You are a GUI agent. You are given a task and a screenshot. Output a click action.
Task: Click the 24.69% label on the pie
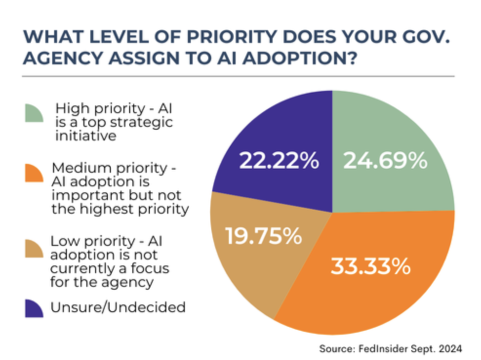tap(385, 161)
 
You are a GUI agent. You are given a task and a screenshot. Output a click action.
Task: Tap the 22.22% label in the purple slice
tap(279, 161)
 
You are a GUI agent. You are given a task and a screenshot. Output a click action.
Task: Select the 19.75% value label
tap(263, 237)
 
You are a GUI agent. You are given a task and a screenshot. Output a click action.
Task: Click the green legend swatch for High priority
tap(35, 113)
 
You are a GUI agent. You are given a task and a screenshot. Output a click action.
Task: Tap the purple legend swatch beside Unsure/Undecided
tap(35, 308)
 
